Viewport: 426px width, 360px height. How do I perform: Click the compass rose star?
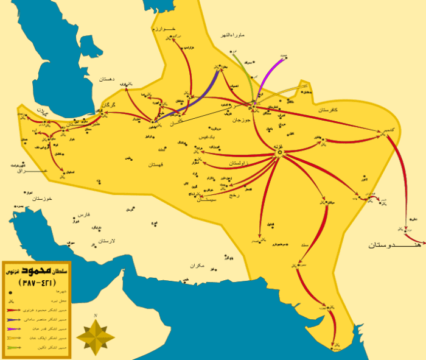tap(95, 334)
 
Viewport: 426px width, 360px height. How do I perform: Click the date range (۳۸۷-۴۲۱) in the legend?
tap(38, 283)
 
